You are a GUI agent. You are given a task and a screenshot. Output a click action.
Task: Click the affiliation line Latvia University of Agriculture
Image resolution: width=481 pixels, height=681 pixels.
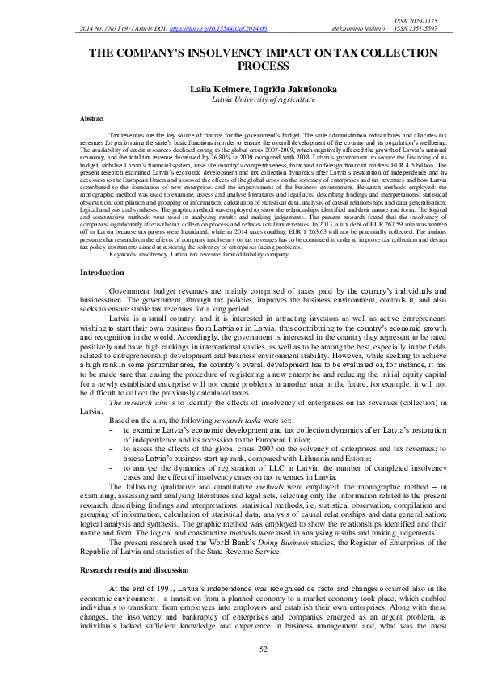point(239,98)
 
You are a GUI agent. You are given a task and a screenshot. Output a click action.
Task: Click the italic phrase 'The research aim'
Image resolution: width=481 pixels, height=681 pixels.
point(136,401)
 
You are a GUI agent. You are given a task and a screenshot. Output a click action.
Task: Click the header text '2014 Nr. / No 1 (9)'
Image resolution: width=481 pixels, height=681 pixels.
point(110,29)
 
